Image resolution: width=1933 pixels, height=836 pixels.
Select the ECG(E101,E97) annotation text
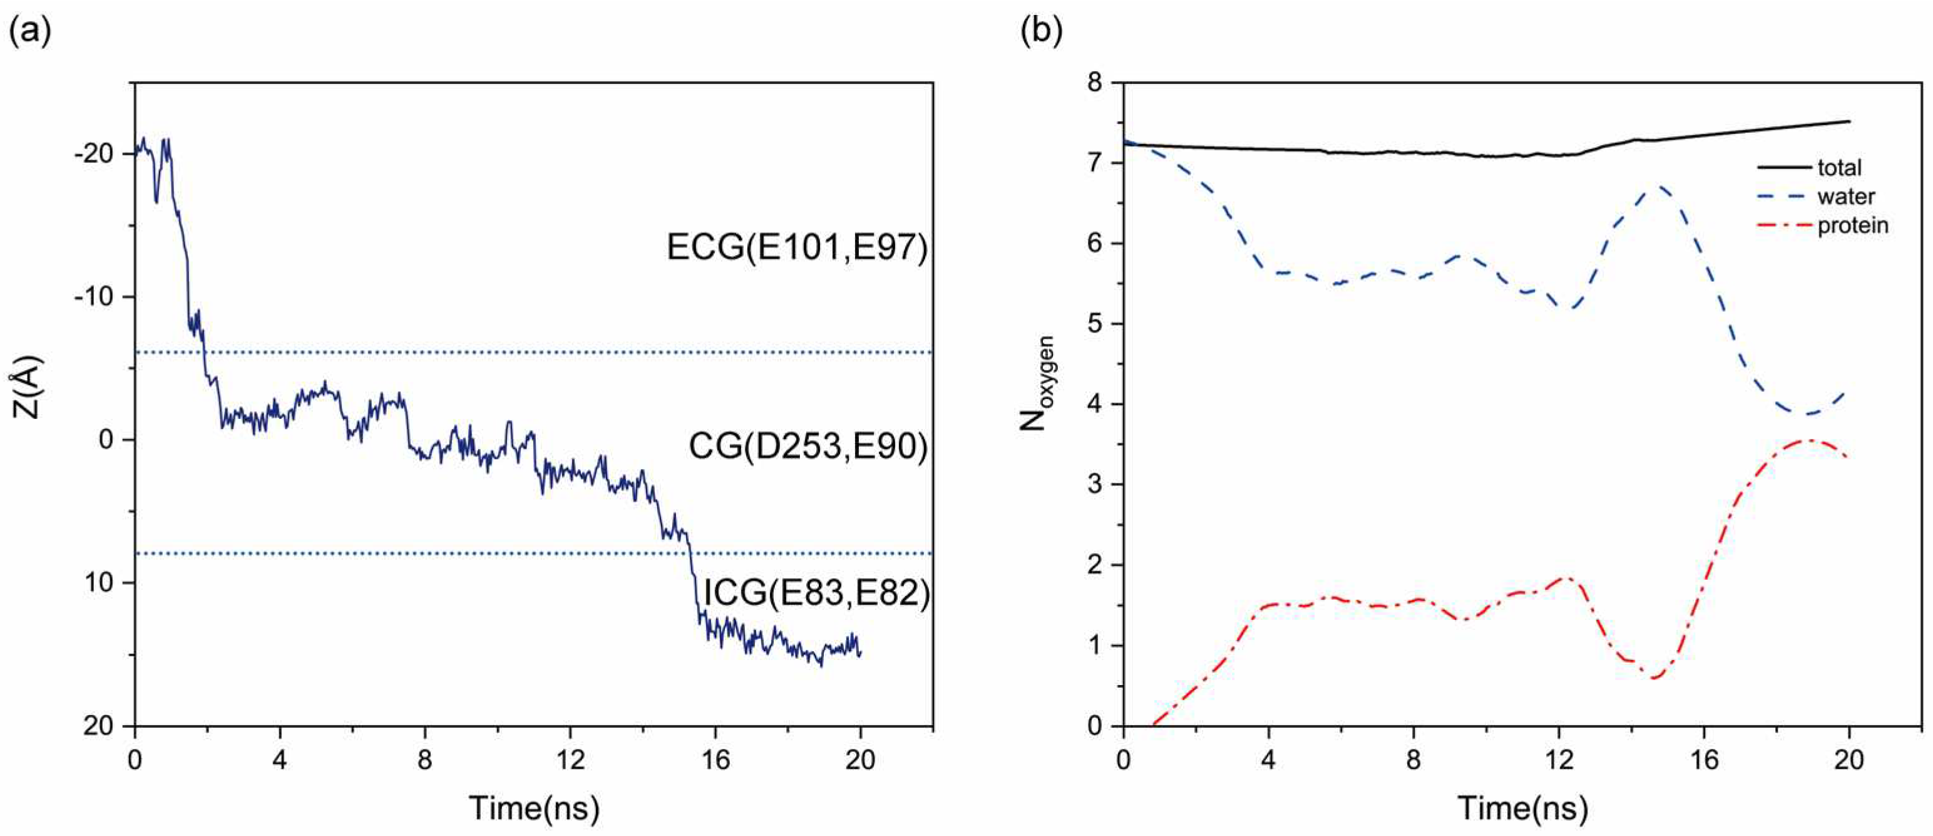click(797, 247)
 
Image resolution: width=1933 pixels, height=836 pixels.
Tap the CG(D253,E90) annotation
click(808, 446)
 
